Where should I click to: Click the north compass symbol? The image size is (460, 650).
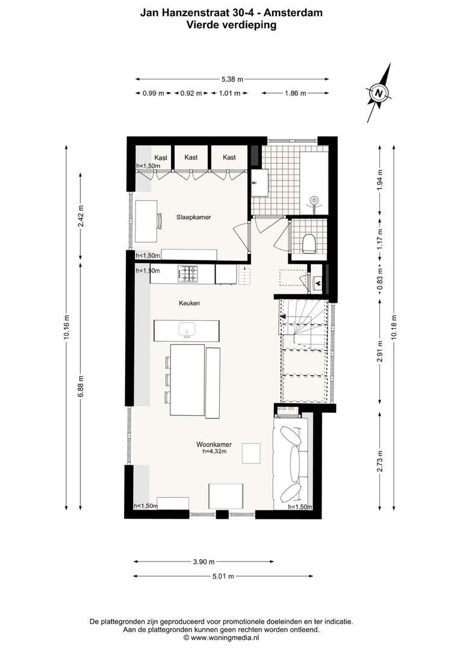click(379, 93)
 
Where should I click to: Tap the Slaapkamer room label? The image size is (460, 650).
click(193, 217)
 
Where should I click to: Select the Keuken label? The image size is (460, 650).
click(188, 303)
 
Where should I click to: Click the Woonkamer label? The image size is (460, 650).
click(214, 444)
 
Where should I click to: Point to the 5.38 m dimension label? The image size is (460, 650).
click(232, 79)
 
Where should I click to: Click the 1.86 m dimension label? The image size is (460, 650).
click(294, 93)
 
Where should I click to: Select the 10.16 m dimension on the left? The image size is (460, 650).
click(67, 328)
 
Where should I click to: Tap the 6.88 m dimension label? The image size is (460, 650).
click(81, 386)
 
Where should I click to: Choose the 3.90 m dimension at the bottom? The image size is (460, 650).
click(204, 562)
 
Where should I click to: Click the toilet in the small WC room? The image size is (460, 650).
click(309, 244)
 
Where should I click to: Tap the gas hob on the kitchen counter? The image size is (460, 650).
click(187, 274)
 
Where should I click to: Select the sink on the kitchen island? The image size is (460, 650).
click(187, 330)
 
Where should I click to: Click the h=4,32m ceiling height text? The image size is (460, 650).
click(214, 451)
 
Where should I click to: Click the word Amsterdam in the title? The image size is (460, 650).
click(291, 11)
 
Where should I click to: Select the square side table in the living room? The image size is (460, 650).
click(251, 453)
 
